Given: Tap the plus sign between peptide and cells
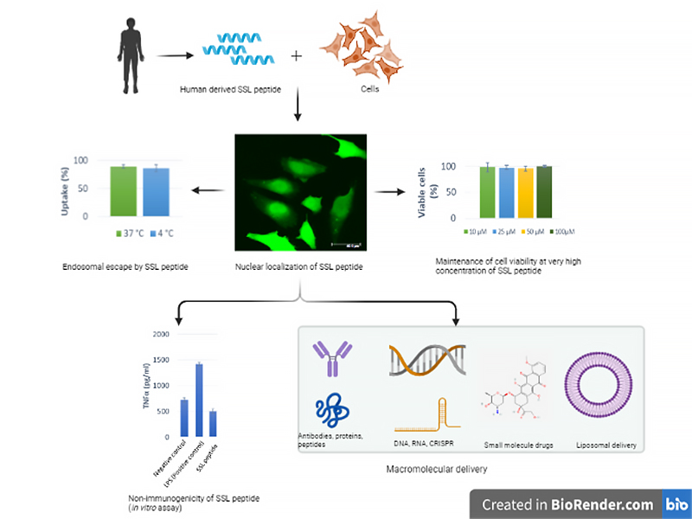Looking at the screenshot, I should [297, 56].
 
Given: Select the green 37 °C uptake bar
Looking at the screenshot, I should [123, 190].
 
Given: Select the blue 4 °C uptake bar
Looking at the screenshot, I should [156, 191].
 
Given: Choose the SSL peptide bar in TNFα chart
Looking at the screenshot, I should [214, 423].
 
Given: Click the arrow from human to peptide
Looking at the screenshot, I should [174, 56].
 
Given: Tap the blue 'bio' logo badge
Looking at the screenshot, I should [672, 503].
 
